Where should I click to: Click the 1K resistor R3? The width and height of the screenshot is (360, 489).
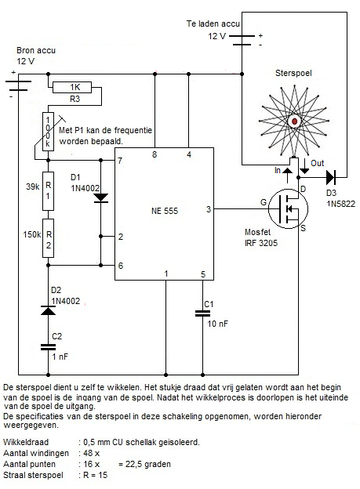point(72,87)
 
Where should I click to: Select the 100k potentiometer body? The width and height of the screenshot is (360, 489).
point(48,132)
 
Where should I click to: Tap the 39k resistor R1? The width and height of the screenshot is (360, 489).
point(48,191)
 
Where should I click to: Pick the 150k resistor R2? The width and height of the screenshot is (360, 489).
point(48,238)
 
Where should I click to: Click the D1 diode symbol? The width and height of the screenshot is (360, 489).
point(101,198)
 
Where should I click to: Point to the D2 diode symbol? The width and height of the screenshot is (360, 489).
point(48,310)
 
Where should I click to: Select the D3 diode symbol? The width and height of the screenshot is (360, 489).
point(331,177)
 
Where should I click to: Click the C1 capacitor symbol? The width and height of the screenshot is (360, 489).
point(202,313)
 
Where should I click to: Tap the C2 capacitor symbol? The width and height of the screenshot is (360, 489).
point(48,347)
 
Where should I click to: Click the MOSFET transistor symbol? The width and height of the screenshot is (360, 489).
point(288,208)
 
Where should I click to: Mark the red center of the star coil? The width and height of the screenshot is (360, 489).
point(294,121)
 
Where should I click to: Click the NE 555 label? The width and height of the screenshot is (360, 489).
point(165,211)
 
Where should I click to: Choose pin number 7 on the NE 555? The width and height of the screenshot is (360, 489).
point(120,161)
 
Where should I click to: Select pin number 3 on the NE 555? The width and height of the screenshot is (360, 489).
point(209,209)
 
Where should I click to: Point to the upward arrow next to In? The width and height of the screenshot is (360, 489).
point(287,176)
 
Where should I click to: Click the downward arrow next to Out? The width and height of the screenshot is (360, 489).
point(304,166)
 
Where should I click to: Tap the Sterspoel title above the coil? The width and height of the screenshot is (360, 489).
point(293,74)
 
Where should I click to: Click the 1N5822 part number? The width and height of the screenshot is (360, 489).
point(340,204)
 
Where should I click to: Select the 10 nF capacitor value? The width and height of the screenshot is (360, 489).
point(217,324)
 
